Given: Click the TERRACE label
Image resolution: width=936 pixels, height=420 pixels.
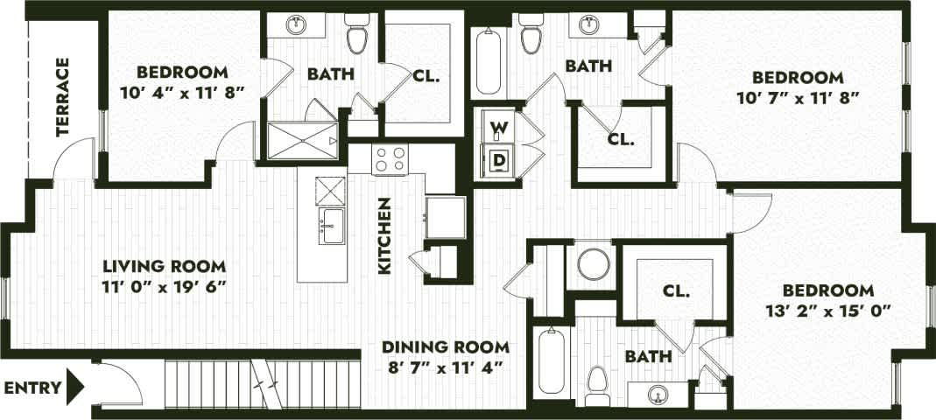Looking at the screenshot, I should point(62,97).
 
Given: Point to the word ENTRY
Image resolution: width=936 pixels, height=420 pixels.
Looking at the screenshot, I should point(33,387).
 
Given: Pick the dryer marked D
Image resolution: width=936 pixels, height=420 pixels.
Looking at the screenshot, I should point(498,160).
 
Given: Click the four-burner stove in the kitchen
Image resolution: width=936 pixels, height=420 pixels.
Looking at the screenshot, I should point(391,160).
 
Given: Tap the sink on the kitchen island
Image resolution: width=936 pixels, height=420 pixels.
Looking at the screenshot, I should point(331,225).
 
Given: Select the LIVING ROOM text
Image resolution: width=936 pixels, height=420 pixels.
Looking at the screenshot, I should point(165,266).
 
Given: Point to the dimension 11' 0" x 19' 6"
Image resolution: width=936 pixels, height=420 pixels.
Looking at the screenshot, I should point(165,287).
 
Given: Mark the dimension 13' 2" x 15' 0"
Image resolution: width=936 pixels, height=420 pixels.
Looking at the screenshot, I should point(827,311).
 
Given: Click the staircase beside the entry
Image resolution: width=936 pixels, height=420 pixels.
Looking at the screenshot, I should point(263,381).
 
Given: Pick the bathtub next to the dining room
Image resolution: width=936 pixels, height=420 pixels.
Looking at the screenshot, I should point(552,361).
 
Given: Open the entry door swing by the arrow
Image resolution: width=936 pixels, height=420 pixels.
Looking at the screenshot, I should point(114,383).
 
